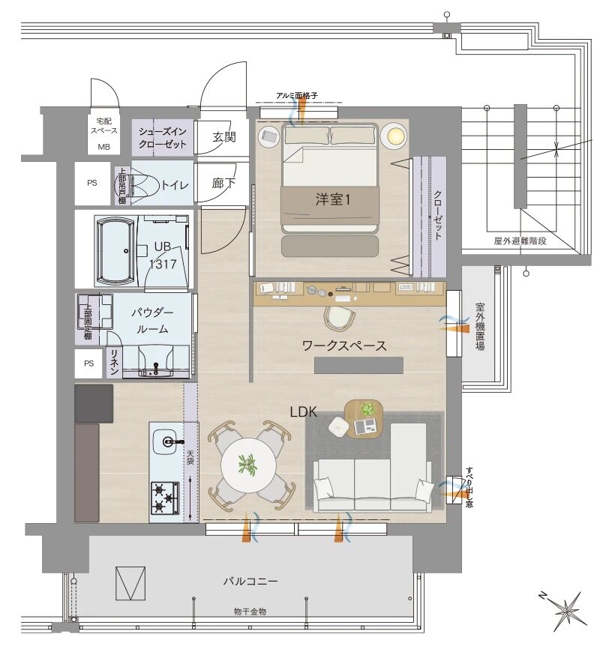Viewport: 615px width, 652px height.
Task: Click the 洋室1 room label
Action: (x=332, y=199)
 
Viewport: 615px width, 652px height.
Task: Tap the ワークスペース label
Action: (x=344, y=345)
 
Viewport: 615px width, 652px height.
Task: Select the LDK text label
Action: (x=303, y=412)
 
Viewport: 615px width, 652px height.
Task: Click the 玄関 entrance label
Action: (x=224, y=137)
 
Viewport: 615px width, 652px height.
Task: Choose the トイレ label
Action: (x=175, y=184)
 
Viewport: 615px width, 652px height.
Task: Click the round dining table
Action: (x=248, y=465)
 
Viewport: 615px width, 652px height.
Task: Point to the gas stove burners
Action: (x=164, y=498)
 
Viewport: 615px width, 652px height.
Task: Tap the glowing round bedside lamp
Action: (x=394, y=136)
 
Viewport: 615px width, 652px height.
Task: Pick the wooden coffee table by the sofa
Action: (x=364, y=419)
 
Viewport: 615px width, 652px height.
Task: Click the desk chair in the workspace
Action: (x=340, y=317)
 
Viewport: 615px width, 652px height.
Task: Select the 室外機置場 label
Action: (x=480, y=327)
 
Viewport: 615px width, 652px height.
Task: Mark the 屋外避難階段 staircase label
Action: (x=520, y=241)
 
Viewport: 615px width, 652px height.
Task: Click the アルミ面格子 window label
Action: (x=297, y=95)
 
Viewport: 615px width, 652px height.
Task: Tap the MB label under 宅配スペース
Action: (x=103, y=147)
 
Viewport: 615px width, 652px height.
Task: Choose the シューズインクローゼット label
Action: (x=162, y=138)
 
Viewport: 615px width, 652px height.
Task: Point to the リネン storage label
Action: (x=114, y=362)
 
